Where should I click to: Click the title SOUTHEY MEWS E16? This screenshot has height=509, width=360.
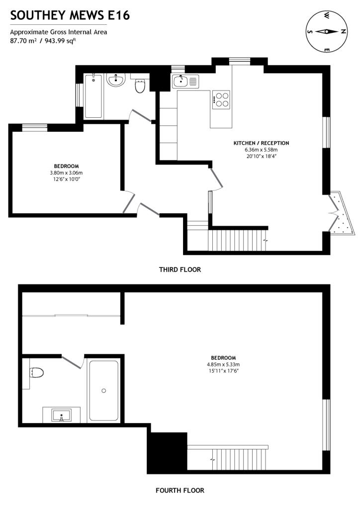point(70,15)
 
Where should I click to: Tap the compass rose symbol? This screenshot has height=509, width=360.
point(326,31)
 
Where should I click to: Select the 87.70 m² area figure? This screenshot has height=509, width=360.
point(23,41)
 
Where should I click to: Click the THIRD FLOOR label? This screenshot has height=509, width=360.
point(180,269)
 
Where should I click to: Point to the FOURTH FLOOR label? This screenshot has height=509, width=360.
point(180,490)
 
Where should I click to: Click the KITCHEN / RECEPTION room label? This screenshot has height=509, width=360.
point(261,143)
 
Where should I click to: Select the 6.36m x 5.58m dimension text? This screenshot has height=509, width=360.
point(261,150)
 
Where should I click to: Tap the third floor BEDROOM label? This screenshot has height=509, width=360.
point(66,166)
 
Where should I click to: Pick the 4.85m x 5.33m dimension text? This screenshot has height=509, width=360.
point(223,364)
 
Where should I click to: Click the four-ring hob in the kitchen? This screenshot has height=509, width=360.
point(221,100)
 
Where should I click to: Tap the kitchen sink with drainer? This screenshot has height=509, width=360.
point(185,81)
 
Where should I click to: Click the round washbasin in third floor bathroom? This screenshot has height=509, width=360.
point(116,80)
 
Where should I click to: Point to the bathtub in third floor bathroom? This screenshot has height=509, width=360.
point(93,96)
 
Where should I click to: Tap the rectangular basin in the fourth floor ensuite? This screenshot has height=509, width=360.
point(61,416)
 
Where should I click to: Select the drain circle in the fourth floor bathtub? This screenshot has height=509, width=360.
point(104,391)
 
